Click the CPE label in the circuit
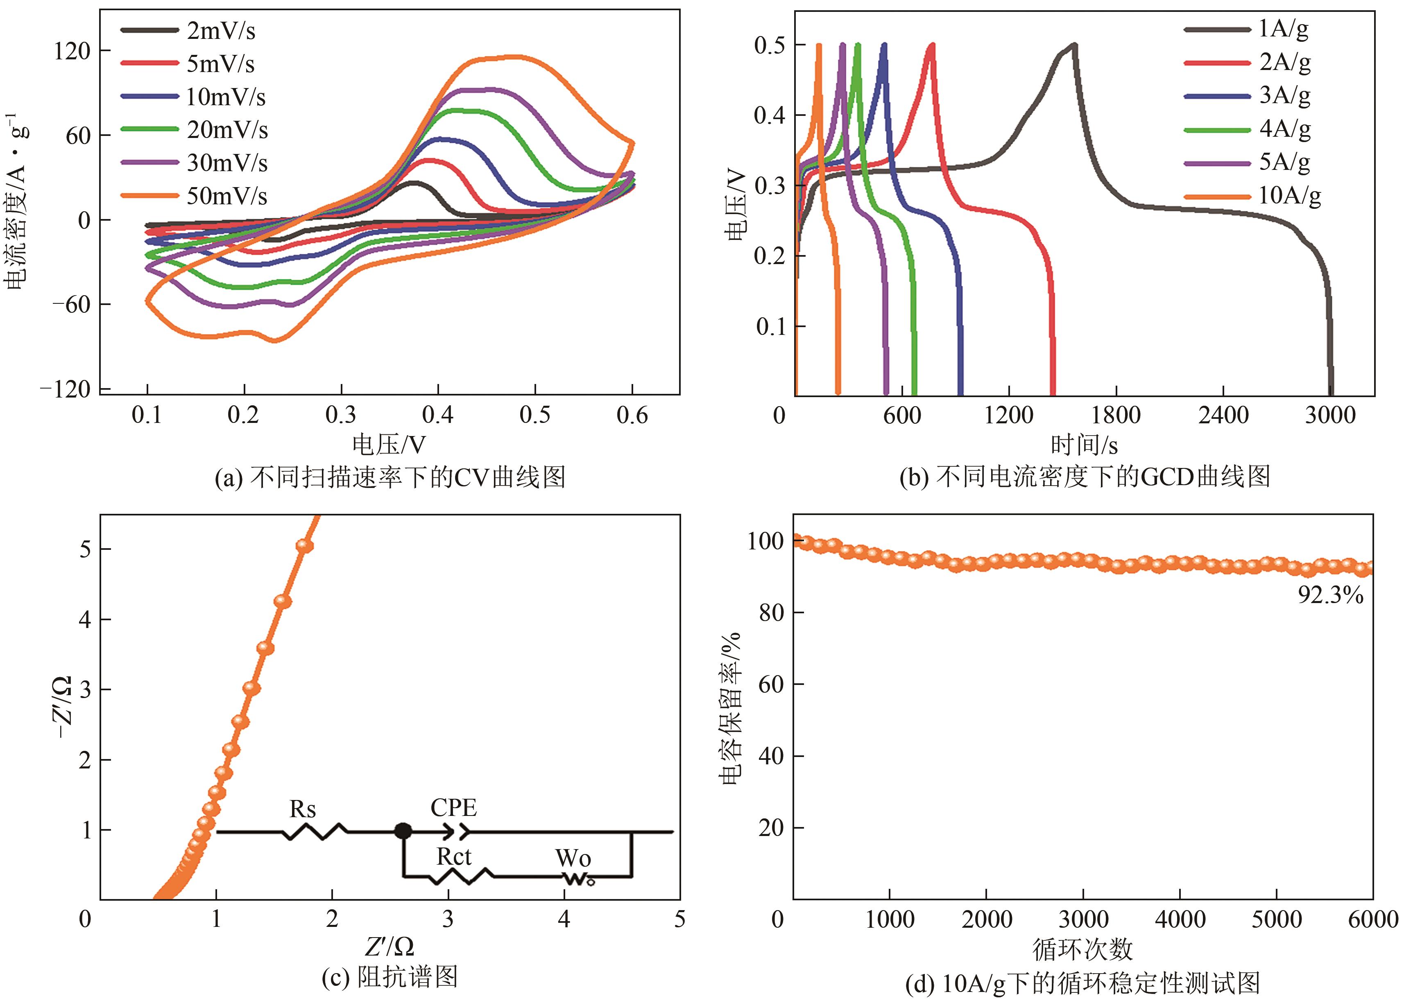454,807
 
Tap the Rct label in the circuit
454,857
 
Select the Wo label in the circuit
573,858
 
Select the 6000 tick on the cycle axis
1372,920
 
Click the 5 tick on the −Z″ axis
86,549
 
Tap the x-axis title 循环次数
1083,949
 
